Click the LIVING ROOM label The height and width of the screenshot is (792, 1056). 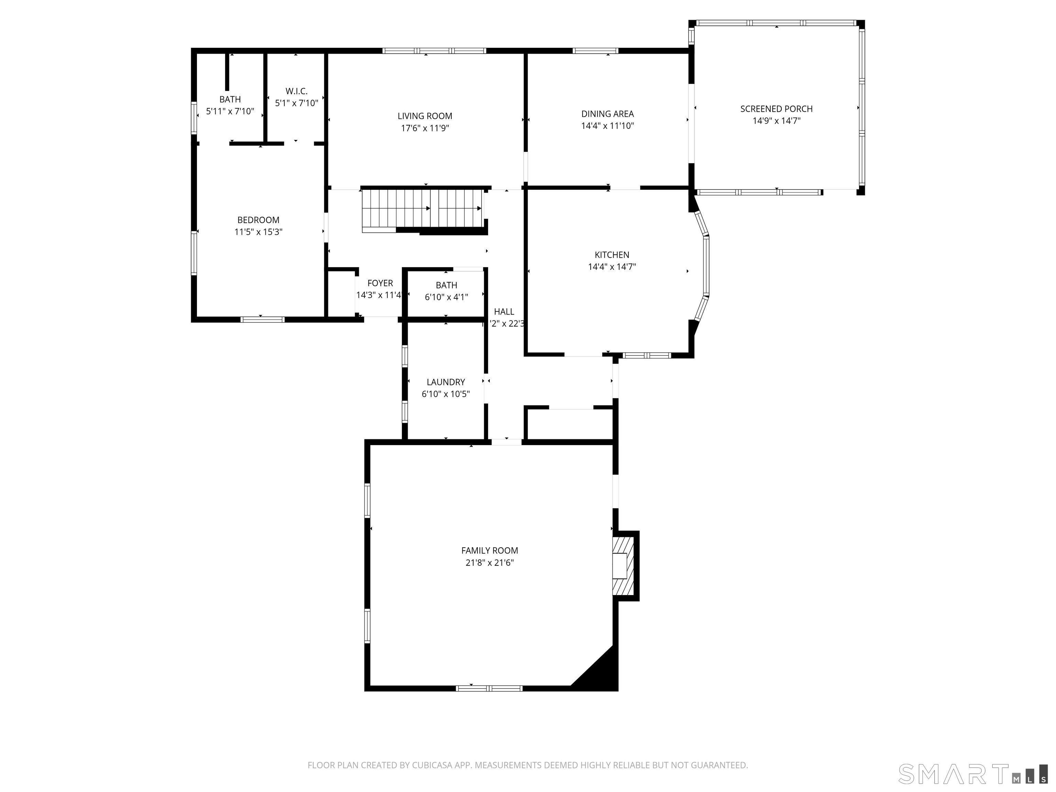(x=425, y=116)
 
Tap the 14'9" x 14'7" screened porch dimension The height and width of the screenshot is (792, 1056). (x=776, y=121)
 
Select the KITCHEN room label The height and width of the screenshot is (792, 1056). (x=612, y=255)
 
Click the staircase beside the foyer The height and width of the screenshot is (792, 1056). (x=422, y=209)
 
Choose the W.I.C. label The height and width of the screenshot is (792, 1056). (x=296, y=91)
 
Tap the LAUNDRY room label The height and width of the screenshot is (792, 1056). (x=445, y=382)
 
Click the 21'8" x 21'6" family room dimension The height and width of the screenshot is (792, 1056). (x=489, y=563)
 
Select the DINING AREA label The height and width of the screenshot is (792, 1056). (x=607, y=114)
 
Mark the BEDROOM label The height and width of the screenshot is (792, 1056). (x=258, y=220)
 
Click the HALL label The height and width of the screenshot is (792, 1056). (x=504, y=312)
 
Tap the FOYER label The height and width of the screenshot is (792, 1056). (x=380, y=283)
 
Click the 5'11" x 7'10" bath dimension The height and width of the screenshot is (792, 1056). (x=230, y=111)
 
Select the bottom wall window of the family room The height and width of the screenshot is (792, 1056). (x=489, y=688)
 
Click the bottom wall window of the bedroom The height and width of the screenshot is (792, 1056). (x=262, y=319)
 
